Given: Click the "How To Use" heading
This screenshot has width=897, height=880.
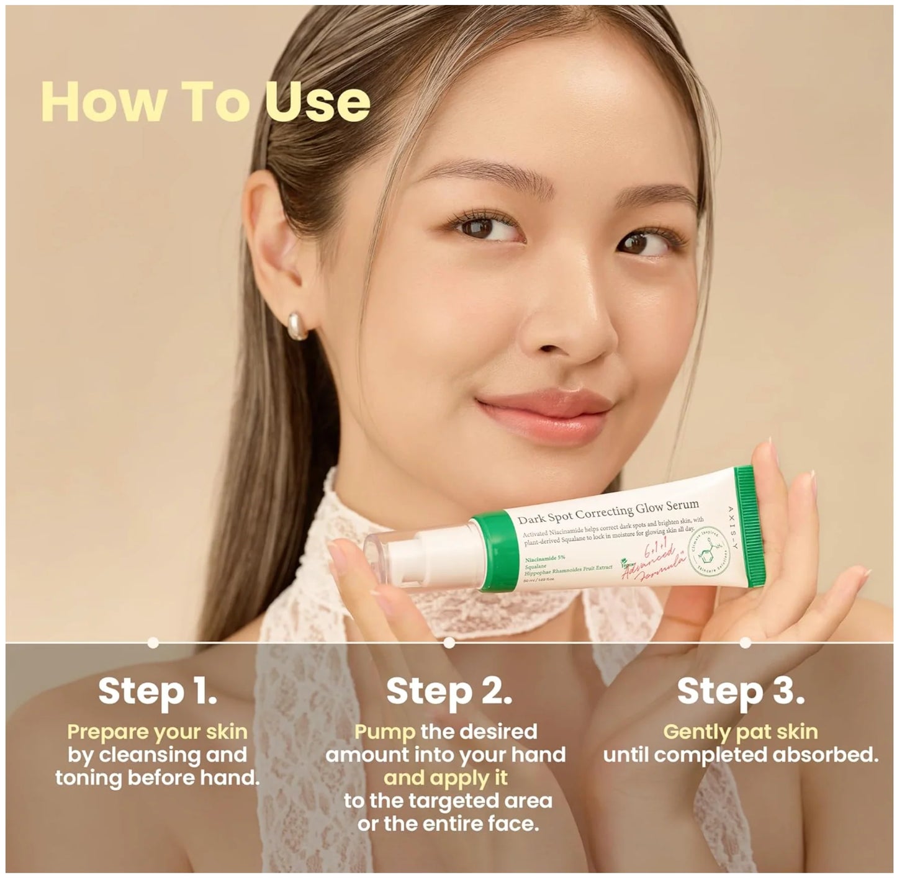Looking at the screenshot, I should [x=205, y=102].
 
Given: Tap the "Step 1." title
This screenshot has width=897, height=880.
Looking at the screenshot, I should [x=158, y=691].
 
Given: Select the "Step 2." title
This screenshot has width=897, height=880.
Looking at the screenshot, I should [x=449, y=691].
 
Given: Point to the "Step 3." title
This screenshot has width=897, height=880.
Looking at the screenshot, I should [x=741, y=691].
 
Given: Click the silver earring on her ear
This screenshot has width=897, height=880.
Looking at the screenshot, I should [x=298, y=325].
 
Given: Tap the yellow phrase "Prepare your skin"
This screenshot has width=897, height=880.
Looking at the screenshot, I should [x=158, y=732].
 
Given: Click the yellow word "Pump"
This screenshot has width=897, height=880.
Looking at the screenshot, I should [x=385, y=732].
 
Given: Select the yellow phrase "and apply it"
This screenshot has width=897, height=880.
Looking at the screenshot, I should [x=446, y=778].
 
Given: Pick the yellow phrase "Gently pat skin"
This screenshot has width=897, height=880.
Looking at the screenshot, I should [x=741, y=732].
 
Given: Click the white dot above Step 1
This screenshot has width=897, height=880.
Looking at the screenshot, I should [x=153, y=644].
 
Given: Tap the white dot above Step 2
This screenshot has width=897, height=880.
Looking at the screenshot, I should [x=449, y=644].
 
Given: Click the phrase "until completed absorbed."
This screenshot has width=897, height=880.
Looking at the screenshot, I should [x=741, y=755].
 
